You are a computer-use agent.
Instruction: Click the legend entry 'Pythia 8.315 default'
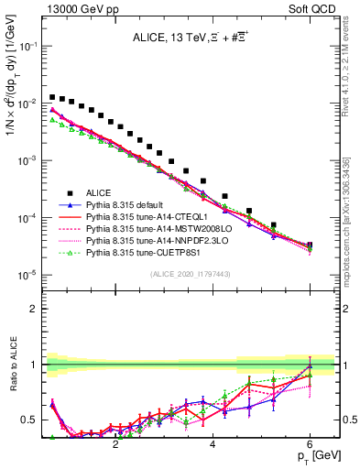(x=130, y=205)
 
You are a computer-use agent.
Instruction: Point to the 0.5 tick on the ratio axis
(x=31, y=420)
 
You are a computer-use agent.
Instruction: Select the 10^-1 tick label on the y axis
(x=27, y=46)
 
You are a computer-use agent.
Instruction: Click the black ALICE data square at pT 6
(x=310, y=245)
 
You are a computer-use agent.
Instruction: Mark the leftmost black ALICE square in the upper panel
(x=52, y=96)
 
